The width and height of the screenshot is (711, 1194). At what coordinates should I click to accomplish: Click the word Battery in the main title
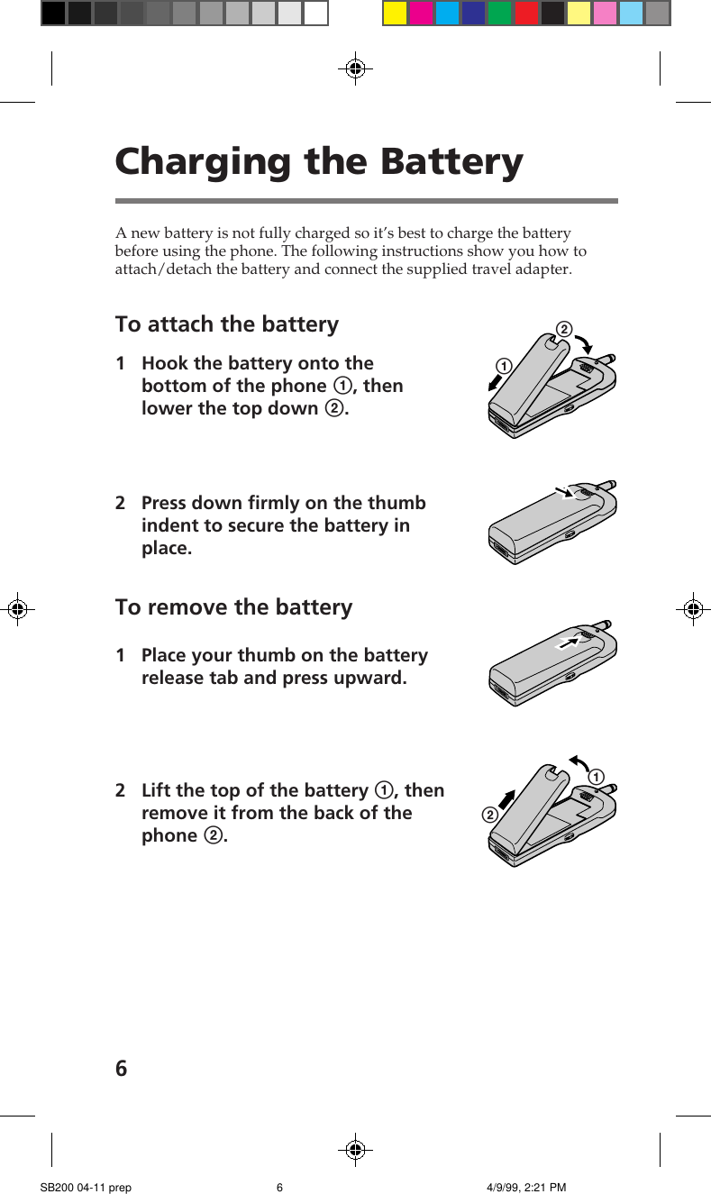point(451,162)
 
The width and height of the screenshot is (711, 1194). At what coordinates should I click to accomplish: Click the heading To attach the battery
point(227,324)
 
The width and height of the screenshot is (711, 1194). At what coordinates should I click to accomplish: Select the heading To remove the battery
point(233,607)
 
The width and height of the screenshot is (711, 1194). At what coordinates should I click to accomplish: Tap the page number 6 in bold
point(122,1069)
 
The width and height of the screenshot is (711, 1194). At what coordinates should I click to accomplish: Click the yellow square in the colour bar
point(396,13)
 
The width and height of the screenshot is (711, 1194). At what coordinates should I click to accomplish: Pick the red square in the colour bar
point(526,13)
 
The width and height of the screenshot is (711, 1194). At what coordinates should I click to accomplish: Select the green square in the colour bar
point(500,13)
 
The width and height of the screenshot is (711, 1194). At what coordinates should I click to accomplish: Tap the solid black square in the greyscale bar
point(53,13)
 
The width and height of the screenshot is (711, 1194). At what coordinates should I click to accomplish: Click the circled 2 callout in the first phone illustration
point(564,330)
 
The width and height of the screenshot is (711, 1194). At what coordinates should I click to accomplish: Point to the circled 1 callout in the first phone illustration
point(502,366)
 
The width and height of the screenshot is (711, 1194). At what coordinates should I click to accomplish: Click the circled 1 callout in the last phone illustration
point(596,777)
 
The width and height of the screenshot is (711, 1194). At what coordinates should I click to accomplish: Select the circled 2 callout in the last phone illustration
point(489,816)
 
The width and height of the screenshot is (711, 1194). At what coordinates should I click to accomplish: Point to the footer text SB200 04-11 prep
point(86,1188)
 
